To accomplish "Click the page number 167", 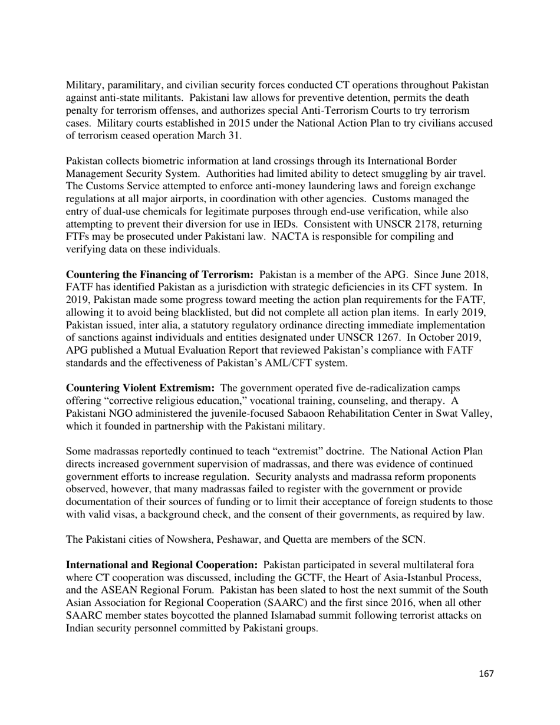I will point(486,674).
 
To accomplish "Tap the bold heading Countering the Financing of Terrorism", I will point(159,275).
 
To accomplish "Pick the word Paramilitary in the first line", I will point(133,85).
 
